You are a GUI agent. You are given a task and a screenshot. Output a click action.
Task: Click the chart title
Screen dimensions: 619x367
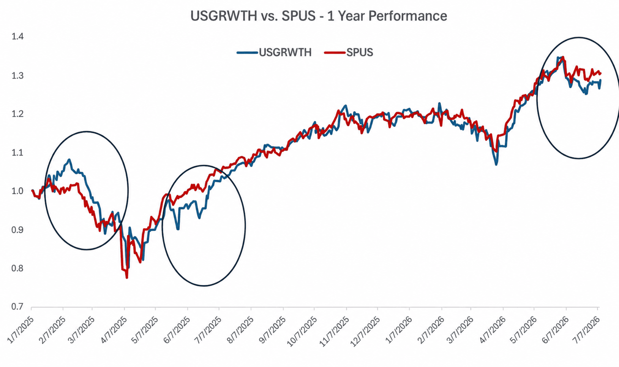319,16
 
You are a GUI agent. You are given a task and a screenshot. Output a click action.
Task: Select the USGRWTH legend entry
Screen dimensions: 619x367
274,52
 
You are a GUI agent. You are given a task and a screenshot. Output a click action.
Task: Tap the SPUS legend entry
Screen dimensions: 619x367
349,52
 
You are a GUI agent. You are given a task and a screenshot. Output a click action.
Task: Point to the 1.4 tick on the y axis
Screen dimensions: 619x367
17,37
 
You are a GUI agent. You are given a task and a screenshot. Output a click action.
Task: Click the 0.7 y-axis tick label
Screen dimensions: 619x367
17,307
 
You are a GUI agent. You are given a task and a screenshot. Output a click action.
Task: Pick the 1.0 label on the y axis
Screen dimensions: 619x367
17,191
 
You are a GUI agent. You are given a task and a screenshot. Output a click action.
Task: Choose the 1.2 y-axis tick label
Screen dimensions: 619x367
17,114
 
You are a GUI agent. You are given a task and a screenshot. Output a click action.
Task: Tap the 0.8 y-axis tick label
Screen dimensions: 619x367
17,268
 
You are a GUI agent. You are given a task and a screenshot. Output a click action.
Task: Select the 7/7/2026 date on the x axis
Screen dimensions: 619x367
587,330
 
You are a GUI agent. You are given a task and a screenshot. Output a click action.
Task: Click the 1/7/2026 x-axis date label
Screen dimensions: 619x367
398,330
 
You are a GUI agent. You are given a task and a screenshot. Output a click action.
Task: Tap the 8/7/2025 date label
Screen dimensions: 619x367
240,330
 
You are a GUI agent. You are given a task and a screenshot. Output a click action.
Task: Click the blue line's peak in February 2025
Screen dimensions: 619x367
69,159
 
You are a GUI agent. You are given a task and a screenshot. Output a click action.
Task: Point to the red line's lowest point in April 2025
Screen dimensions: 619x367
127,278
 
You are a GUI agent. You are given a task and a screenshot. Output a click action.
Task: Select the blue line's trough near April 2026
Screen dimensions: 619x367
496,165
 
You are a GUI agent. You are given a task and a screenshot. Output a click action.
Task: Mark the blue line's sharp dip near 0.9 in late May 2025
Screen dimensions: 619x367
178,229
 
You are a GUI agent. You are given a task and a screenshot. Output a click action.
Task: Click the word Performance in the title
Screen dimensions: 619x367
407,16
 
